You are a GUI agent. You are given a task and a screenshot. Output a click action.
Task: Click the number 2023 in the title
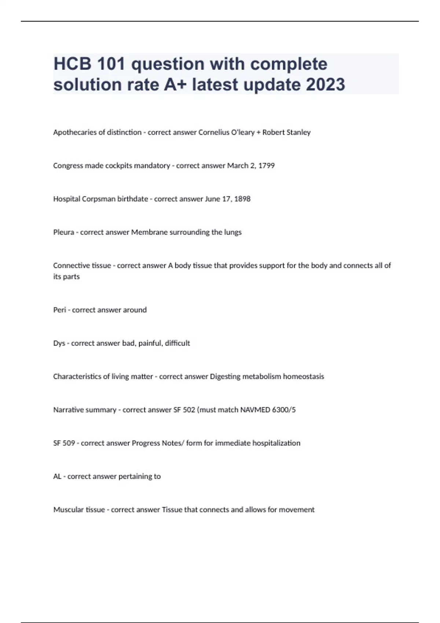point(325,84)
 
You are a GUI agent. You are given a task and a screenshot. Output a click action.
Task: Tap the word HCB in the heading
point(72,64)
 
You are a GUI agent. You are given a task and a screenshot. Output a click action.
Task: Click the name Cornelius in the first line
point(212,132)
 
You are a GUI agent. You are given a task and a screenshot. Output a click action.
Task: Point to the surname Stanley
point(297,132)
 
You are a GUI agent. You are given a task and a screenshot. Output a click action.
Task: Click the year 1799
point(266,166)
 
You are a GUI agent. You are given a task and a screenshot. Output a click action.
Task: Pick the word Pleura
point(63,232)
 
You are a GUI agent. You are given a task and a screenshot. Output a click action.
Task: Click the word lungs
point(232,232)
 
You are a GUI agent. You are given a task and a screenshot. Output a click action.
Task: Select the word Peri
point(59,310)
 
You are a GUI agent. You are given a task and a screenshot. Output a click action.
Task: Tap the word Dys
point(59,343)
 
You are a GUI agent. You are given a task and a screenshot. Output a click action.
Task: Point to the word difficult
point(177,343)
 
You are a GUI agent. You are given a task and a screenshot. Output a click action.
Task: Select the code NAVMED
point(255,410)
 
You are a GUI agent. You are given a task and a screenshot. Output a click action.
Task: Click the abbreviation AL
point(57,477)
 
